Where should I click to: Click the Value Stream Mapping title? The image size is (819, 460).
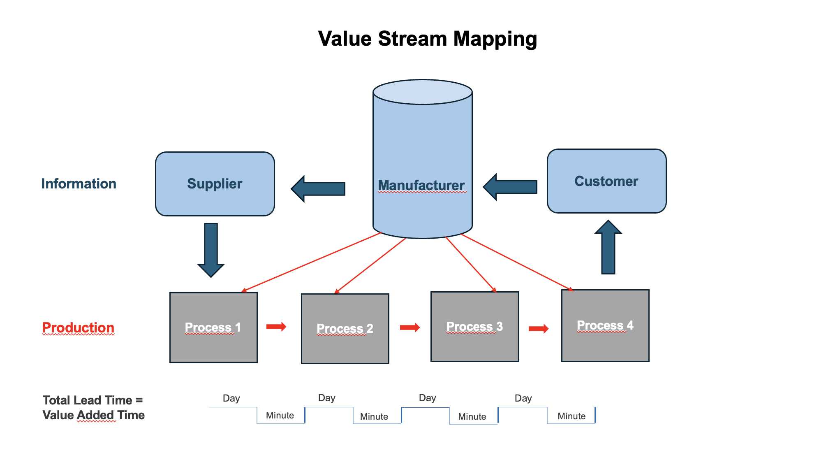coord(428,39)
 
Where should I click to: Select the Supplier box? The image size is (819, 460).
coord(215,184)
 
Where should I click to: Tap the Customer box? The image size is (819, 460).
coord(607,181)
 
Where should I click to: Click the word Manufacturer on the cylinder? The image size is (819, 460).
coord(421,185)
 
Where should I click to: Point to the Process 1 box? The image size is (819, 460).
coord(214,328)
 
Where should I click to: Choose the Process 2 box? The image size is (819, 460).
coord(345,329)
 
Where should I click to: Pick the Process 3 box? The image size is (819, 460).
coord(475,327)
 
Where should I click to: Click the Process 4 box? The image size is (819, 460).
coord(606,325)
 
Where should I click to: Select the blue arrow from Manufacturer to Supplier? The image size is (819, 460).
coord(318,189)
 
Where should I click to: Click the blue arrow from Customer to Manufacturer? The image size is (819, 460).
coord(510,187)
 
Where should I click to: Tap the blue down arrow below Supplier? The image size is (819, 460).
coord(211,250)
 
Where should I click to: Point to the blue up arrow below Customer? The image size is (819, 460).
coord(608,247)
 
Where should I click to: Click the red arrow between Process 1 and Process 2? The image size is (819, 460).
coord(276,327)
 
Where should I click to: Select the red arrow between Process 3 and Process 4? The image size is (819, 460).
coord(539,328)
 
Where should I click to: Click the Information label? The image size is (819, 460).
coord(79,184)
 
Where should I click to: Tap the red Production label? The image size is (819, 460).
coord(78,328)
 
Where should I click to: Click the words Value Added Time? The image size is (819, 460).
coord(94,415)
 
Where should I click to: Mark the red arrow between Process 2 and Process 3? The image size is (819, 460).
coord(410,328)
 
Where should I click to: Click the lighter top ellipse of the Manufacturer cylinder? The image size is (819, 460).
coord(423,92)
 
